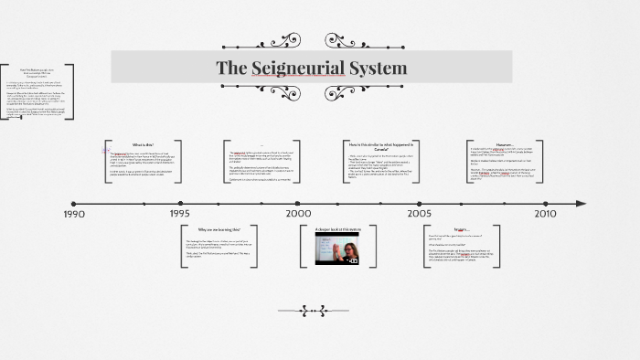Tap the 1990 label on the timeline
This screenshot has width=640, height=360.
point(74,214)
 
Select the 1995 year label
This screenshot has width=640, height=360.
point(180,213)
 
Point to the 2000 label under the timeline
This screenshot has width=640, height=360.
point(299,213)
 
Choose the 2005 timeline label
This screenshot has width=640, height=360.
point(420,213)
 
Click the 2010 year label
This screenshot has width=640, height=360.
point(546,213)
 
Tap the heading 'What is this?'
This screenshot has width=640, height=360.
point(144,144)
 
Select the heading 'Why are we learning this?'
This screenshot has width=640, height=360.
point(219,229)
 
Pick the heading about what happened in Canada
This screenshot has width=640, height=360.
point(381,147)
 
